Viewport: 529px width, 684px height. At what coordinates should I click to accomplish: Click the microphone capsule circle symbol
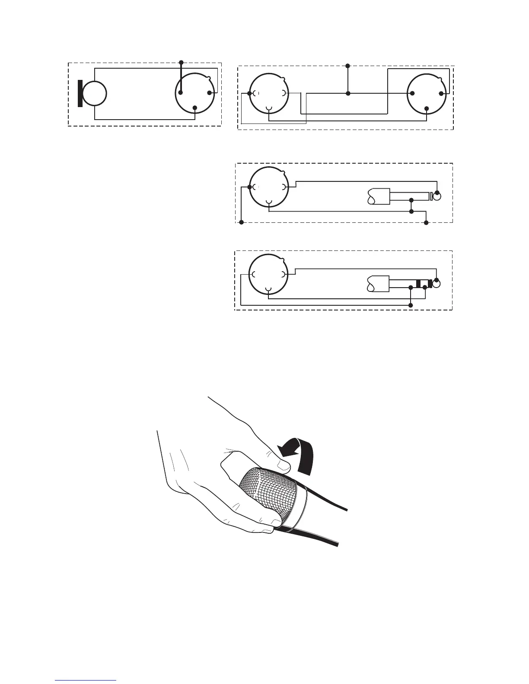94,93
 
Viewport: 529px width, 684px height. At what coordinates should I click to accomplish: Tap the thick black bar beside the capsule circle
80,93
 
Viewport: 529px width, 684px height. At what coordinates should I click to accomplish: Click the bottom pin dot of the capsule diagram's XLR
195,108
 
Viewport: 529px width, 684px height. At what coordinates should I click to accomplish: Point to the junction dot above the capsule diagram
181,63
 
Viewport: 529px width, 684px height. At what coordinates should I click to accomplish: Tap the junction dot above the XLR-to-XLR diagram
348,66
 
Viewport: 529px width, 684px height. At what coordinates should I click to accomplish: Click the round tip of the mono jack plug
438,197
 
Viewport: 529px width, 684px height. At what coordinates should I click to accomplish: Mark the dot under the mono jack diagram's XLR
242,222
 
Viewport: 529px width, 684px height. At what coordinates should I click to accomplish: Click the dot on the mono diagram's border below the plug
427,222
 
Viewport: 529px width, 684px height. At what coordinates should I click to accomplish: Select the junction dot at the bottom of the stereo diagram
411,305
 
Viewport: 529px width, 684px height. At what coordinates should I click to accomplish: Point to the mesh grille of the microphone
268,492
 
